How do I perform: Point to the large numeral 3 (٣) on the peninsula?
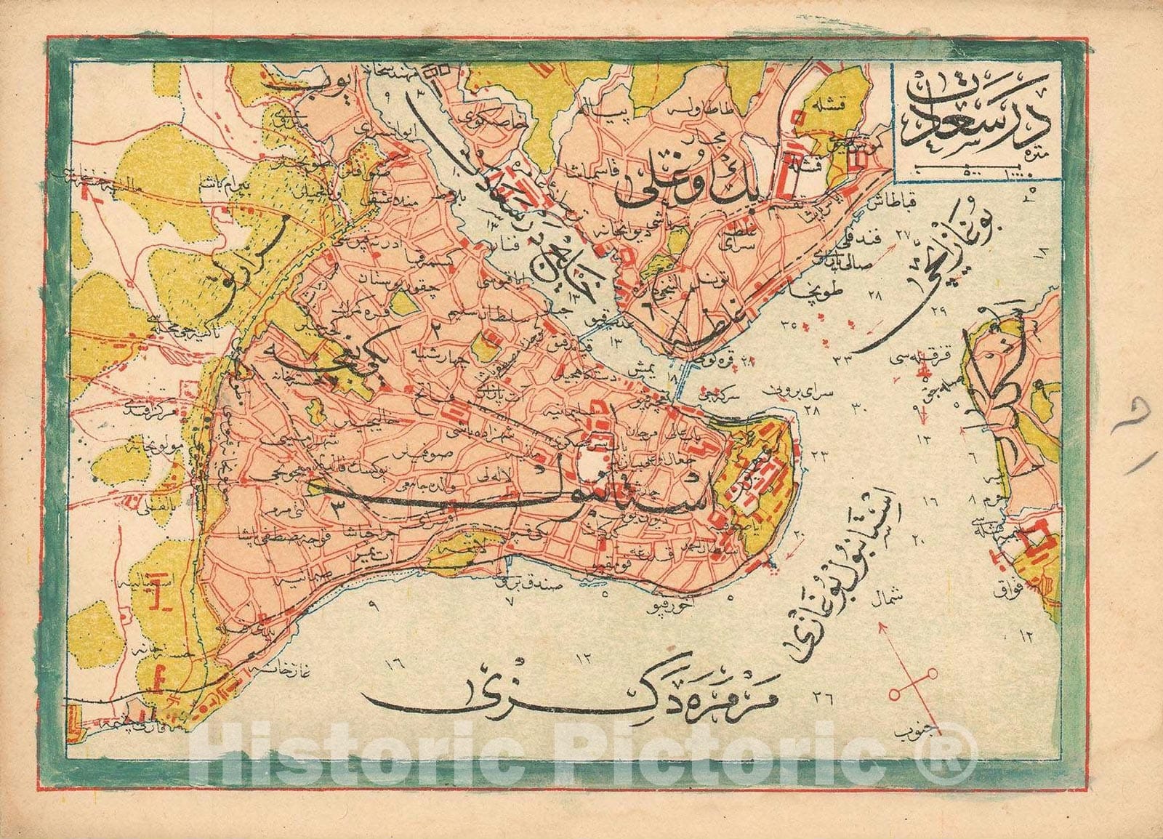coord(336,507)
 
